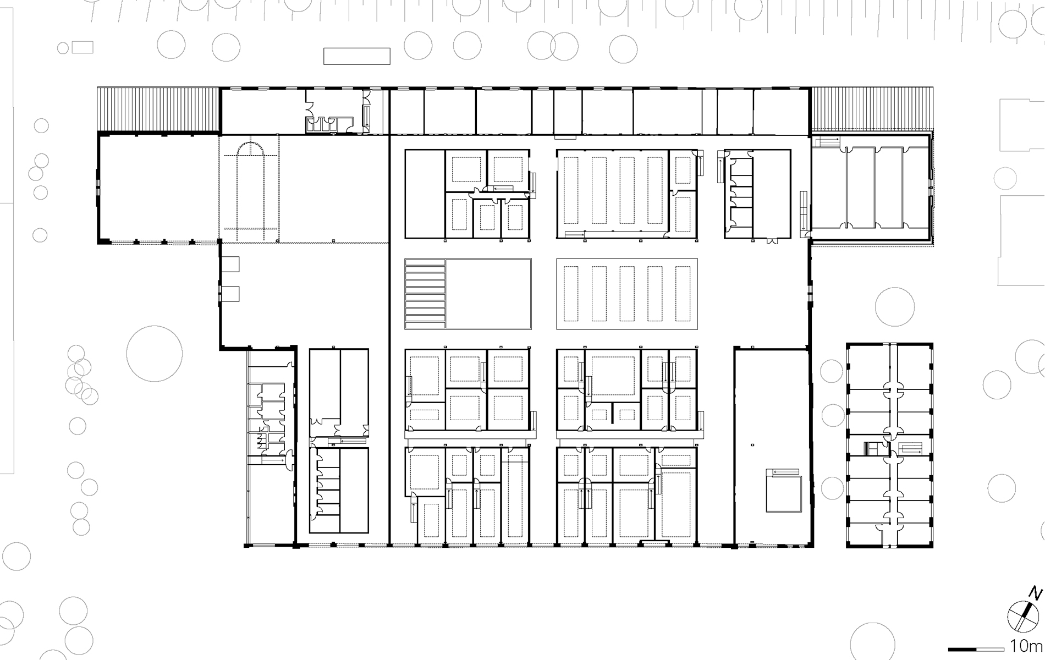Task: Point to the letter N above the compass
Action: pyautogui.click(x=1037, y=593)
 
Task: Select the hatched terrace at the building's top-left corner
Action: pyautogui.click(x=158, y=109)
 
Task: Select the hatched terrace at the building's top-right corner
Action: pyautogui.click(x=873, y=109)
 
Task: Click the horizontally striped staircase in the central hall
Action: pyautogui.click(x=425, y=294)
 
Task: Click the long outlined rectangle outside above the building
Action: pyautogui.click(x=356, y=56)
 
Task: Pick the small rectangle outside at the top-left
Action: pyautogui.click(x=82, y=47)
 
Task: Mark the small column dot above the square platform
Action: pyautogui.click(x=752, y=443)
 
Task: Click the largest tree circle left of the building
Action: pyautogui.click(x=154, y=354)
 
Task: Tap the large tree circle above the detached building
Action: pyautogui.click(x=895, y=307)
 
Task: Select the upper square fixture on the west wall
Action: pyautogui.click(x=231, y=264)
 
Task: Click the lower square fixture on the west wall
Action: pyautogui.click(x=231, y=294)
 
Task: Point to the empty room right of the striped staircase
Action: pyautogui.click(x=488, y=294)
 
